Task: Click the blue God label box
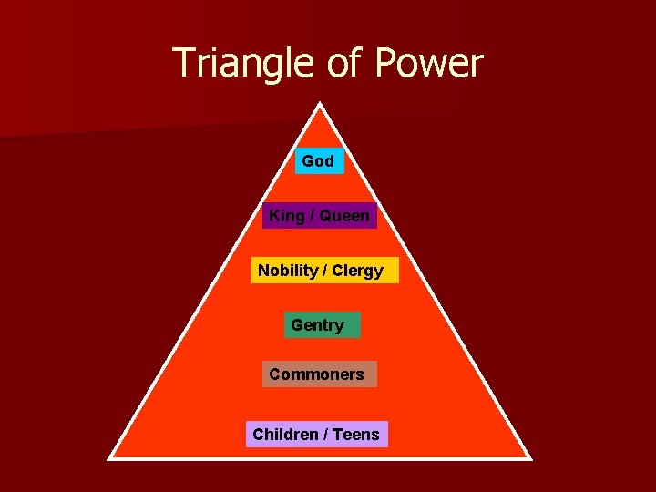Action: [318, 161]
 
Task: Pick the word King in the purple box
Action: [287, 216]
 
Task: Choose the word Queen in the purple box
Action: [344, 216]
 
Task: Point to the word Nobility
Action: [288, 271]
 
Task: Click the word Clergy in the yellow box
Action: [358, 271]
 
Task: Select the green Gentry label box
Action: [322, 325]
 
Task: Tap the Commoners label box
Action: [319, 374]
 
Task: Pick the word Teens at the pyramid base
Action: [356, 435]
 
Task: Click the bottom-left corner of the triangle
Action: [109, 458]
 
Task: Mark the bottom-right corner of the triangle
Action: [530, 458]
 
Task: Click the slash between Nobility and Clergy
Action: [325, 271]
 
